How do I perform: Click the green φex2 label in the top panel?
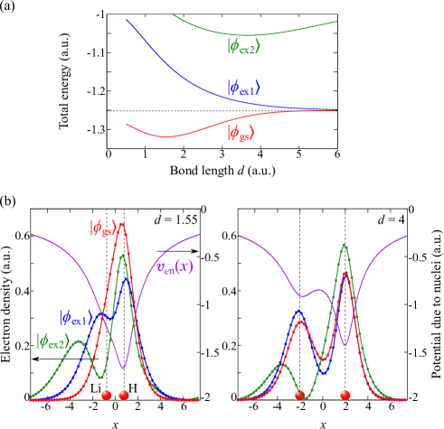pos(243,45)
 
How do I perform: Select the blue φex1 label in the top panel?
pos(243,88)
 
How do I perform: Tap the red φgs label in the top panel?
pos(241,134)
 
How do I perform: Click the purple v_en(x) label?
pos(174,266)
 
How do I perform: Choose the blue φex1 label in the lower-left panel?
pos(76,318)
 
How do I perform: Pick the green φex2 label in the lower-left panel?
pos(52,341)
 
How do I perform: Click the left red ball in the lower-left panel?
pos(106,395)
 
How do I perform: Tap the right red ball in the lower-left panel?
pos(124,395)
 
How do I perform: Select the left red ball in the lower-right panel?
pos(299,395)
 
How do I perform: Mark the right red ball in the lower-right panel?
pos(345,395)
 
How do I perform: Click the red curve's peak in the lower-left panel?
pos(123,223)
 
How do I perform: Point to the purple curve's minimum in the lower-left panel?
pos(124,368)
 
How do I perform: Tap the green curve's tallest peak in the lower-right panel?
pos(345,244)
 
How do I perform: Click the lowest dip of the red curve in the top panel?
pos(165,137)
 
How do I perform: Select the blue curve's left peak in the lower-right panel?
pos(299,311)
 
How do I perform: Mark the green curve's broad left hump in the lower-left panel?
pos(80,341)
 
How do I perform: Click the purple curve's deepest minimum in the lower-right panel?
pos(345,344)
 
